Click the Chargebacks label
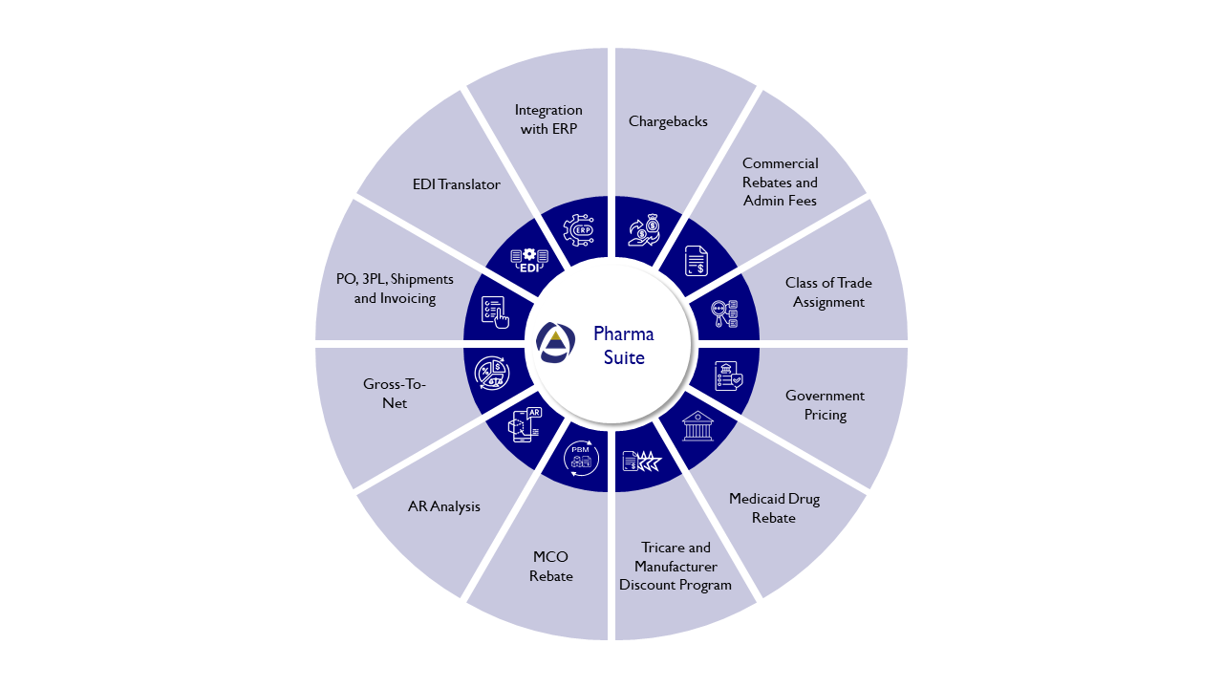(x=668, y=121)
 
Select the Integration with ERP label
(x=548, y=119)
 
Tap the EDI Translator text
(x=456, y=184)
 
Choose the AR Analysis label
(x=443, y=506)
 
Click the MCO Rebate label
(x=551, y=567)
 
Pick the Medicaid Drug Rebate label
(x=774, y=508)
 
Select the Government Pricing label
(x=825, y=405)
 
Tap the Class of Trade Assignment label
(x=828, y=292)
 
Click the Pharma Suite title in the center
(x=624, y=346)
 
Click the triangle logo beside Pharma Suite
(x=555, y=342)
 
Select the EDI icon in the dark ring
(x=529, y=260)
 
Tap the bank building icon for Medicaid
(x=697, y=425)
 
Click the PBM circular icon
(x=580, y=458)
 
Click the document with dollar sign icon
(x=697, y=261)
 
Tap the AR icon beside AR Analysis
(x=524, y=424)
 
